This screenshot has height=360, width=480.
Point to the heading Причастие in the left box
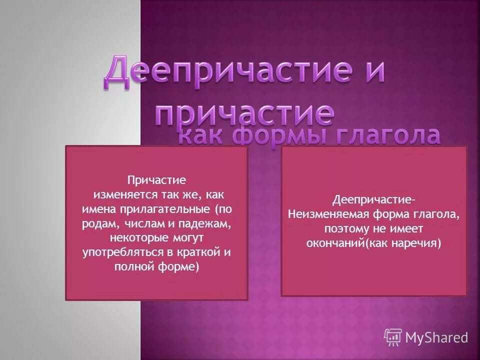tap(156, 179)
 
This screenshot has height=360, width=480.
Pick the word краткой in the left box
tap(200, 252)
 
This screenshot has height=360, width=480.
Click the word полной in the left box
tap(129, 266)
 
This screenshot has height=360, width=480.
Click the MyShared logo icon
tap(392, 337)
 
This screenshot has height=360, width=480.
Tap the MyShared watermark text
tap(436, 337)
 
